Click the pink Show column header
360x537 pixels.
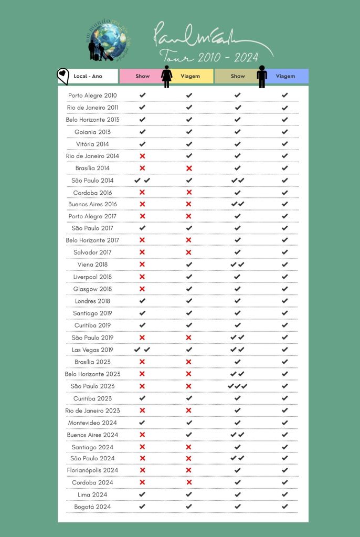click(x=142, y=76)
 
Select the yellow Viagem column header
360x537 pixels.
click(x=190, y=76)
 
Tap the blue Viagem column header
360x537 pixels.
click(x=285, y=76)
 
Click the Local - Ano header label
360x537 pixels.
click(x=88, y=76)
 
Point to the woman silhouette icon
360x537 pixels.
click(x=167, y=77)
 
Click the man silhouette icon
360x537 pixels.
click(x=262, y=77)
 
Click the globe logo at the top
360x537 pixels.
click(x=108, y=40)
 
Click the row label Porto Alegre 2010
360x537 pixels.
click(x=92, y=95)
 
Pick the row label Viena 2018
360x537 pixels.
click(x=92, y=265)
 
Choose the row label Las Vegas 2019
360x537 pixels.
click(x=92, y=350)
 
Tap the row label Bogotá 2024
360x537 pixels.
click(x=92, y=507)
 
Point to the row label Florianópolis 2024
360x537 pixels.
click(x=92, y=470)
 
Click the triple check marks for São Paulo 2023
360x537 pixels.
click(x=237, y=386)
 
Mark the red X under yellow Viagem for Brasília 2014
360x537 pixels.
click(x=189, y=168)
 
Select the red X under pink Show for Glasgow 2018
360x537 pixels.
click(x=142, y=289)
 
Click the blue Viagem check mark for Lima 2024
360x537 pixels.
click(x=284, y=494)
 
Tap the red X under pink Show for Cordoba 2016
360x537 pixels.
click(x=142, y=192)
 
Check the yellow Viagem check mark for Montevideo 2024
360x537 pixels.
click(x=189, y=422)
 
